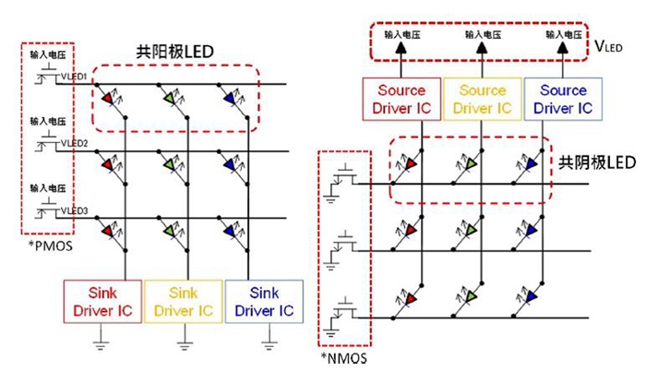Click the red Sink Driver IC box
pyautogui.click(x=102, y=302)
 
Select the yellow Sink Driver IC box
pyautogui.click(x=184, y=302)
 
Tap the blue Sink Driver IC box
pyautogui.click(x=265, y=302)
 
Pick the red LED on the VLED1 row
pyautogui.click(x=109, y=96)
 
